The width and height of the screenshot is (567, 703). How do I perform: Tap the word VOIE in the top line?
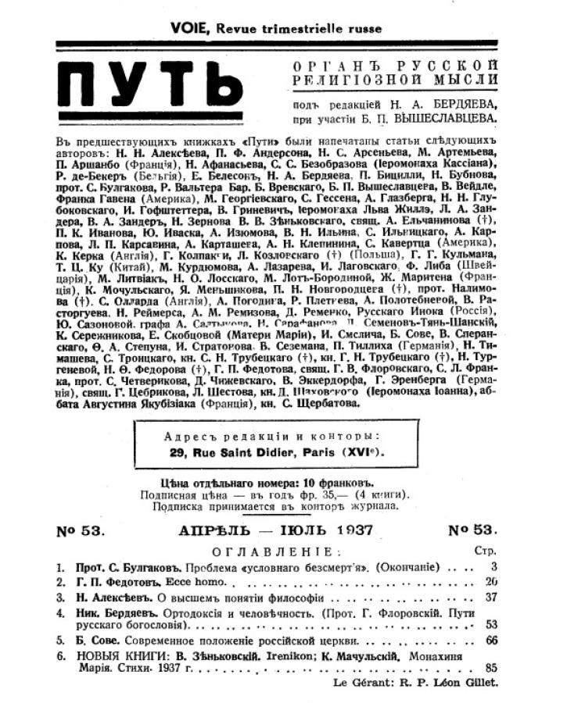point(191,28)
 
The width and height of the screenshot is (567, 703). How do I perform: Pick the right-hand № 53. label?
point(476,531)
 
